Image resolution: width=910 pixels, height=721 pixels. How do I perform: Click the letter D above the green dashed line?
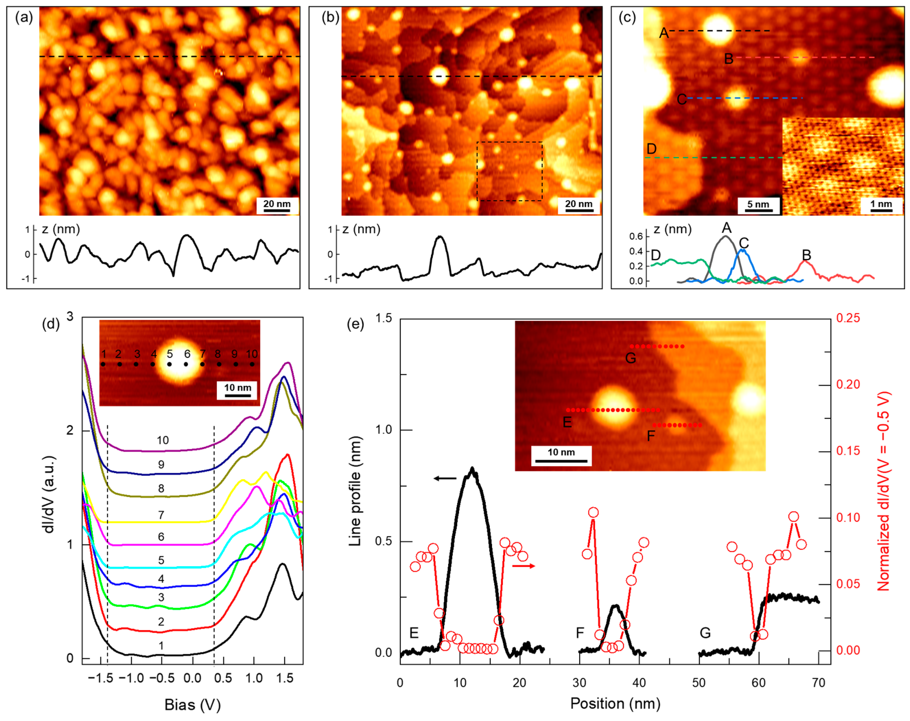click(x=651, y=149)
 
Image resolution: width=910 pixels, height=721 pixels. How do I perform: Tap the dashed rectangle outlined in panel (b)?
click(x=509, y=171)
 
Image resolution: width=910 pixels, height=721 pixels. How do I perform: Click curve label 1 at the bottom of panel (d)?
click(x=161, y=646)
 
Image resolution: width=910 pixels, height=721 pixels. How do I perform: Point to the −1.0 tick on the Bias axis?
click(x=131, y=678)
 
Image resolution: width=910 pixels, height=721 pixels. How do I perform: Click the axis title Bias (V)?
click(x=192, y=704)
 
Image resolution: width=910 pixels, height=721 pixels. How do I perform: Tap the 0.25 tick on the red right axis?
click(x=848, y=318)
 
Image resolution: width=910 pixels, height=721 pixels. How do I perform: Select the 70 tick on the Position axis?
click(x=818, y=683)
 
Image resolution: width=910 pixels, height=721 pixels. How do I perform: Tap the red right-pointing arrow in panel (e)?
click(x=523, y=566)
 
